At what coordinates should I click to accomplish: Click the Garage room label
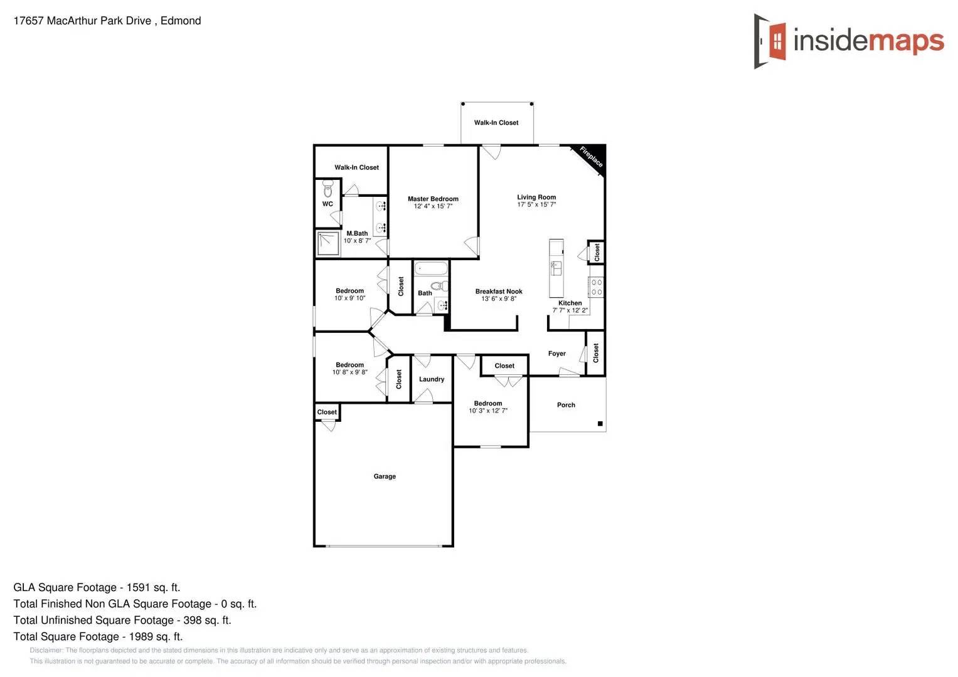point(385,476)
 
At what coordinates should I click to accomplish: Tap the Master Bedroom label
point(433,199)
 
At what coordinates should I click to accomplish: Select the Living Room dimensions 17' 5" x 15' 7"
point(536,204)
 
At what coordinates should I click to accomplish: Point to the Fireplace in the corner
point(590,157)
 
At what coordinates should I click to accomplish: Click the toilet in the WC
point(327,189)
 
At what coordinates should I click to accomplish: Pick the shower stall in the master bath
point(327,244)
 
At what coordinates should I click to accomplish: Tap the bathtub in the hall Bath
point(431,269)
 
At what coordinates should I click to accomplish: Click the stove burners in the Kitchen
point(597,287)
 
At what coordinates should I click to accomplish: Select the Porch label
point(566,405)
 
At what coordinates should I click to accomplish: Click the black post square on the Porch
point(600,424)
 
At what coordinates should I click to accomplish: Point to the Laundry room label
point(432,379)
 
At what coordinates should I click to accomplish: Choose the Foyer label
point(557,354)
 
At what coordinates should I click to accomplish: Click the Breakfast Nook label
point(499,291)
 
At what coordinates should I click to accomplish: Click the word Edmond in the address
point(181,21)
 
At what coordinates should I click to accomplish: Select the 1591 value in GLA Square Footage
point(138,587)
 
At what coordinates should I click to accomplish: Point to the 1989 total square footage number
point(141,636)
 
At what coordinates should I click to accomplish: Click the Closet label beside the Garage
point(327,412)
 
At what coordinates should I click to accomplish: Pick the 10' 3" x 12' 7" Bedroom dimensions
point(488,411)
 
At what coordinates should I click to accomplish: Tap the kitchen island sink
point(556,268)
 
